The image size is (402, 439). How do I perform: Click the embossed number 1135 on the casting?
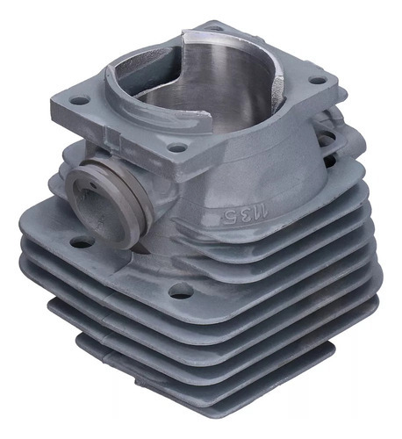[x=245, y=214]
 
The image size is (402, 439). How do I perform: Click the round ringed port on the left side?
[x=109, y=204]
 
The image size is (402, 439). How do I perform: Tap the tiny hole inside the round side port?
[x=93, y=185]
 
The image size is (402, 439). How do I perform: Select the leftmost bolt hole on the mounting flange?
[x=79, y=101]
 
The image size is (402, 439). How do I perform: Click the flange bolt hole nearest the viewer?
[x=177, y=148]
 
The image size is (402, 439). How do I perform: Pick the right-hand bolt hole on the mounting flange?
[x=318, y=80]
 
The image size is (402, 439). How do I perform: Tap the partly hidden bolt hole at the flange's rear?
[x=216, y=28]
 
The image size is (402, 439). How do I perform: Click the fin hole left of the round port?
[x=82, y=241]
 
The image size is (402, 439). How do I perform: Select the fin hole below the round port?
[x=181, y=291]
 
